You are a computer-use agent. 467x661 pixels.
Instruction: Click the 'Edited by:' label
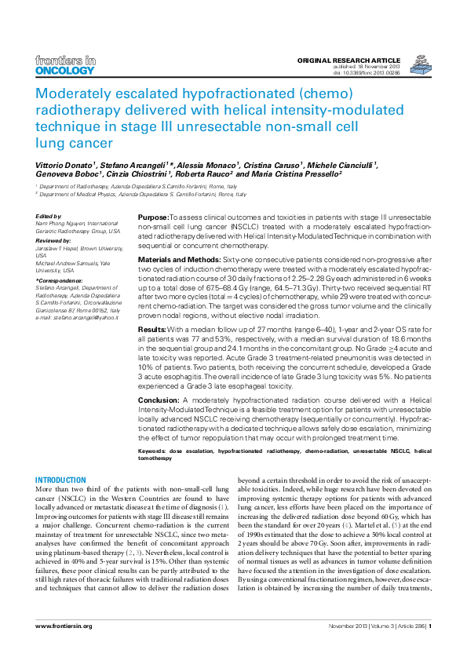49,216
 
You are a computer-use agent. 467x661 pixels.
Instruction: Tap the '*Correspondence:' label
57,279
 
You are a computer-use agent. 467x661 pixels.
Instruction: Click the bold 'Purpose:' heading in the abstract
153,217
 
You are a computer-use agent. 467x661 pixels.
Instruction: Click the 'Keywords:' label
155,451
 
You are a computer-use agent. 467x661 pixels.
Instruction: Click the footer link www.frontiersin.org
64,626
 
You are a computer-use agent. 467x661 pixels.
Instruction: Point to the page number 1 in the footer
430,626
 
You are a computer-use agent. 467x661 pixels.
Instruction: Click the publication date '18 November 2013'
378,68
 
